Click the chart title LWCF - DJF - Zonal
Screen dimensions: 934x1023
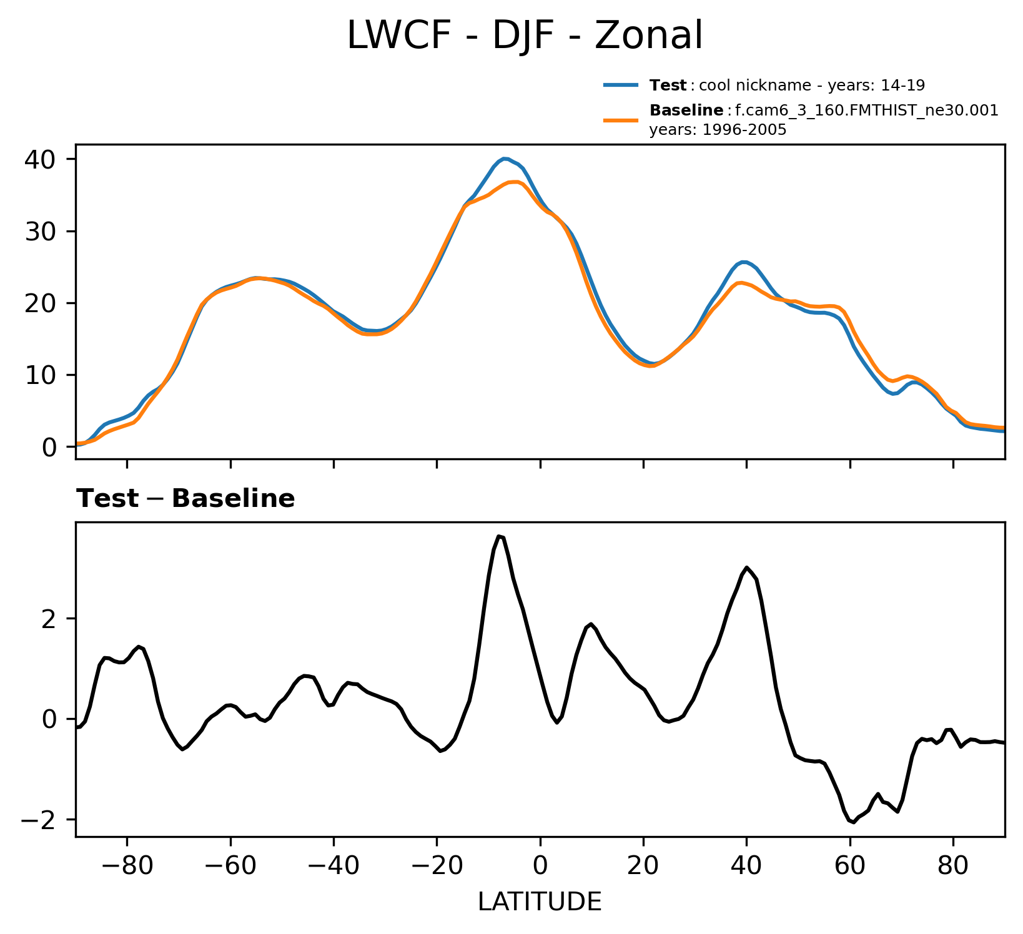(x=525, y=36)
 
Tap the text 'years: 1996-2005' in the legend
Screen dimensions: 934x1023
(x=718, y=130)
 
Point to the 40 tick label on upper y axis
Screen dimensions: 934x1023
(x=41, y=159)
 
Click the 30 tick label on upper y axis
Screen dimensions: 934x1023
(x=41, y=232)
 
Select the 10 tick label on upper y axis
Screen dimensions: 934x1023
(x=41, y=375)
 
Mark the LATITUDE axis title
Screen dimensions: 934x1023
(x=540, y=902)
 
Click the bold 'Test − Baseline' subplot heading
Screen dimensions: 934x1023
(x=185, y=499)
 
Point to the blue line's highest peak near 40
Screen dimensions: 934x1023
(x=505, y=159)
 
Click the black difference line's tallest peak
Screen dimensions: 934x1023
(x=498, y=536)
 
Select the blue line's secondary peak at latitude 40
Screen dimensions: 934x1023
(x=743, y=262)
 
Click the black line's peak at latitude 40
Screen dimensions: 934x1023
(x=747, y=568)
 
